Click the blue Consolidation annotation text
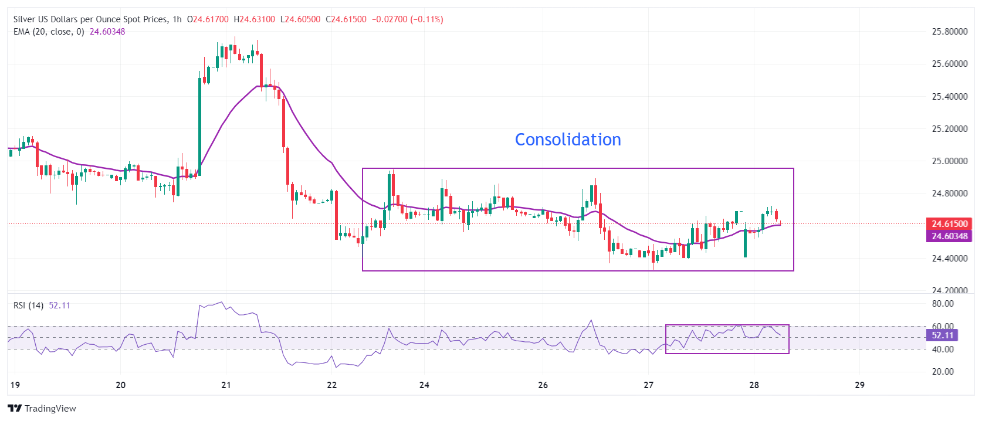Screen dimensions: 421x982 567,140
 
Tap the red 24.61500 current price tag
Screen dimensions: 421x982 949,224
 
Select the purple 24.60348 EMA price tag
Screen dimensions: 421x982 949,236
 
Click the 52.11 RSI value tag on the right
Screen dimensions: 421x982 942,335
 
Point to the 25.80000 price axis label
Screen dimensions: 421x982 949,32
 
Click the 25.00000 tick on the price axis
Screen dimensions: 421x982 949,161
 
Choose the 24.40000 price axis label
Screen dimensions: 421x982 949,259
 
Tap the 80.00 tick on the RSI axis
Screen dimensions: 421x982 943,304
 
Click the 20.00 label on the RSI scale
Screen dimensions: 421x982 943,372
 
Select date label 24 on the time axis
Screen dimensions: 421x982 424,385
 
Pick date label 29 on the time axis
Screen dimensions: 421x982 859,385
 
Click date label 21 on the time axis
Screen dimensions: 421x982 226,385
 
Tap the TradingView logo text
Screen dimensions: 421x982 42,409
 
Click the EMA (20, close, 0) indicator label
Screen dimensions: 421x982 49,32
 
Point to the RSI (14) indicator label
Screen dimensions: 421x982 28,305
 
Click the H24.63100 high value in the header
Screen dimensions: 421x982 254,19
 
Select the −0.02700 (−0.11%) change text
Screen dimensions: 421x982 407,19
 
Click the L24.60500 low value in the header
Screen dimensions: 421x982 300,19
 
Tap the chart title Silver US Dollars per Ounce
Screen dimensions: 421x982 90,19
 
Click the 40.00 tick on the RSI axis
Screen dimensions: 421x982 943,349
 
